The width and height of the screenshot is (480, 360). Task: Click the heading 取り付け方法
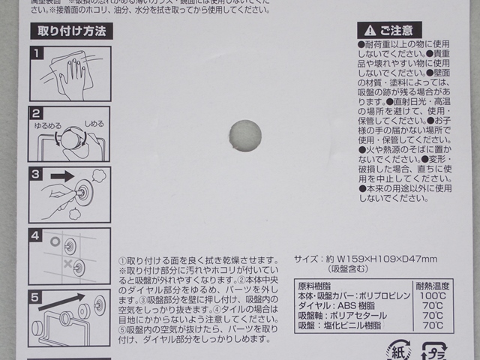(x=70, y=31)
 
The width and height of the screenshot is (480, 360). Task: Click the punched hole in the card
(x=244, y=134)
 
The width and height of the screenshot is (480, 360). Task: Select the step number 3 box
(x=37, y=175)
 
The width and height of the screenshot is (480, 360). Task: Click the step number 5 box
(x=37, y=295)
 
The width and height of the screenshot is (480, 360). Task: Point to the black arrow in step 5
(x=67, y=301)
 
